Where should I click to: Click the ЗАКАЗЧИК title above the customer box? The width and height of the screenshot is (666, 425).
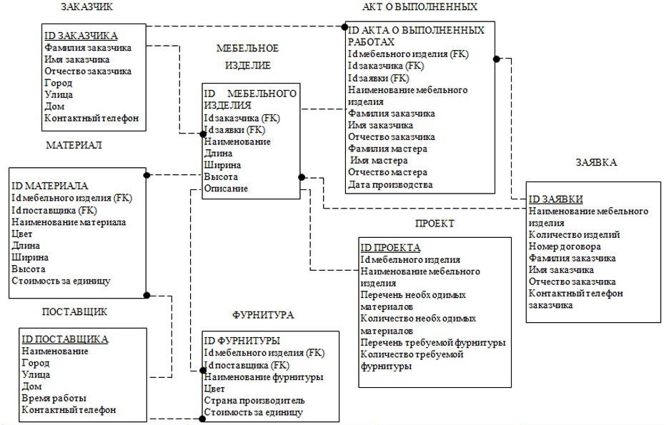coord(86,7)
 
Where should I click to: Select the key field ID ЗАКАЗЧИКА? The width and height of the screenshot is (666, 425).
coord(81,36)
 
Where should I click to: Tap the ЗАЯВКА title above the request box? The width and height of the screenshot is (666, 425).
coord(595,162)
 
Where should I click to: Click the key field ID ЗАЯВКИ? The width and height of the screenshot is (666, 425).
coord(555,199)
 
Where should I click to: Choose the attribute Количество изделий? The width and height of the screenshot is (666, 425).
coord(574,234)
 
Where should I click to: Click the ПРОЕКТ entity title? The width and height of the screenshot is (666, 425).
coord(434,223)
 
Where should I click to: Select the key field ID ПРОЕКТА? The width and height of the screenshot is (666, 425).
coord(389,248)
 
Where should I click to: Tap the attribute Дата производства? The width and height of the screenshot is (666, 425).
coord(390,184)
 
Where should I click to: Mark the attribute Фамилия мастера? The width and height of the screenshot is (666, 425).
coord(387,149)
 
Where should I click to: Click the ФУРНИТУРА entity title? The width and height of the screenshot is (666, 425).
coord(263,314)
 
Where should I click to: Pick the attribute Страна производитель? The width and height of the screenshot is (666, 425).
coord(254,401)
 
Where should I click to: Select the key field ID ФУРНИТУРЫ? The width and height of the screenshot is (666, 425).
coord(242,341)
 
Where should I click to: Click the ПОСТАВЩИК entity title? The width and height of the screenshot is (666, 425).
coord(74,311)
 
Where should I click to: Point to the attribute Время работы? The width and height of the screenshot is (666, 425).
coord(54,398)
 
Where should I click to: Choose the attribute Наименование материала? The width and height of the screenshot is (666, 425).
coord(69,222)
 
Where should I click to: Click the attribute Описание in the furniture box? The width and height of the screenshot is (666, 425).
coord(226,189)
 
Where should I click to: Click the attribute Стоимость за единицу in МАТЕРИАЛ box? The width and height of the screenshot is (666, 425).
coord(61,281)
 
